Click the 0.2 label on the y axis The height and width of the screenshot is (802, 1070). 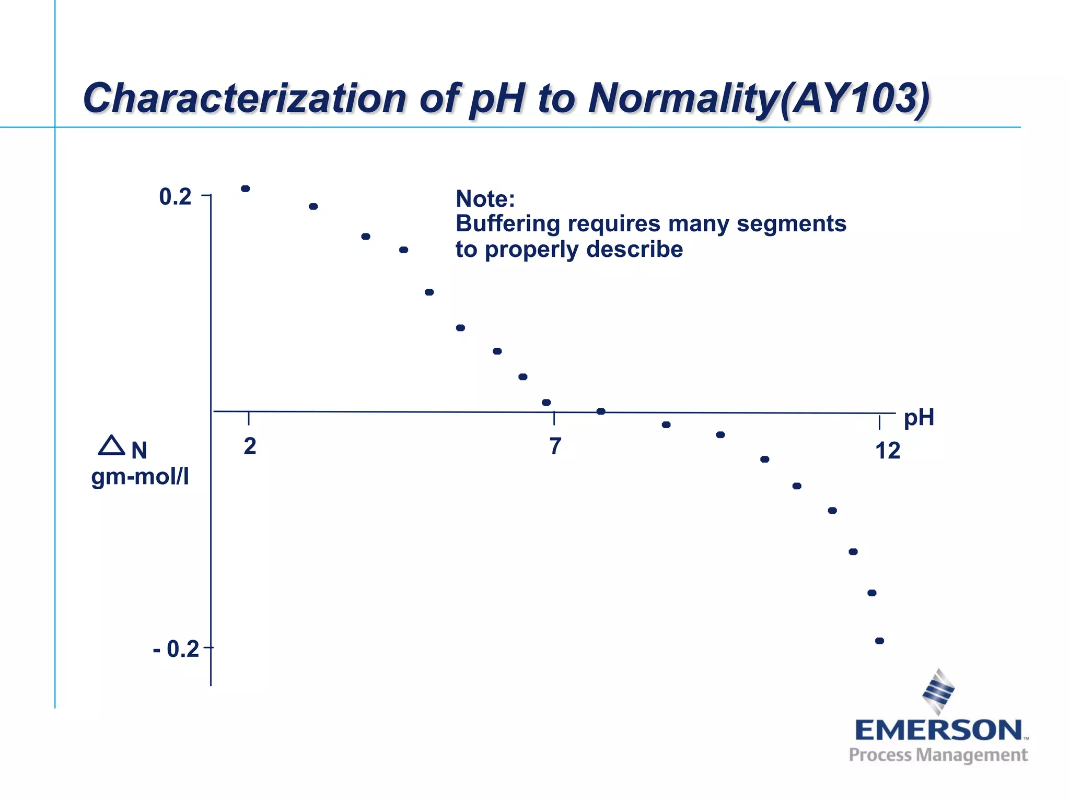pyautogui.click(x=175, y=197)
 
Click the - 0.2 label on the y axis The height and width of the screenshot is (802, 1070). pyautogui.click(x=176, y=649)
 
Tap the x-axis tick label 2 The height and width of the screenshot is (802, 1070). pyautogui.click(x=250, y=446)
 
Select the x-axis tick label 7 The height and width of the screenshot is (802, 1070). pyautogui.click(x=555, y=446)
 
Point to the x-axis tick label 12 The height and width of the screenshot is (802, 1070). pyautogui.click(x=888, y=451)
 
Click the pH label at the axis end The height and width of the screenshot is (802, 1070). pyautogui.click(x=918, y=417)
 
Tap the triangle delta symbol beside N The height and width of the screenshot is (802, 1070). pyautogui.click(x=111, y=446)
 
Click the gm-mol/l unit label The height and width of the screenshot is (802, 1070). pyautogui.click(x=139, y=477)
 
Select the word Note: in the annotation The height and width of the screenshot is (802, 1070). pyautogui.click(x=485, y=199)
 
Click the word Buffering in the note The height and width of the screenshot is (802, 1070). pyautogui.click(x=507, y=223)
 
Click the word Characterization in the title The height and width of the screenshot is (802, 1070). pyautogui.click(x=244, y=98)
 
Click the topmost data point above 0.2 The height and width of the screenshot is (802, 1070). pyautogui.click(x=245, y=188)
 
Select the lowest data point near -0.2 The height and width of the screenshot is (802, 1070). pyautogui.click(x=879, y=641)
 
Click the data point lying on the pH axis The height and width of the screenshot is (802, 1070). pyautogui.click(x=601, y=411)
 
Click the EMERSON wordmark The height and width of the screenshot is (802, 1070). pyautogui.click(x=938, y=730)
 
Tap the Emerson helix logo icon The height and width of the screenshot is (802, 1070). pyautogui.click(x=938, y=691)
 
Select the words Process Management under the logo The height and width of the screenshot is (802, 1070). pyautogui.click(x=938, y=755)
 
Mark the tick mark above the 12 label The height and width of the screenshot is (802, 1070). pyautogui.click(x=880, y=422)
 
